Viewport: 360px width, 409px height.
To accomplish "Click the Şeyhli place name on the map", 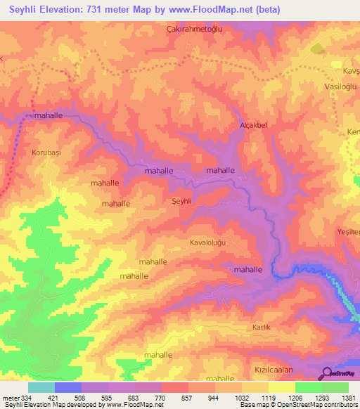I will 182,201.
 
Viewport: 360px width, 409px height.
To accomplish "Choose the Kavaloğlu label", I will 211,242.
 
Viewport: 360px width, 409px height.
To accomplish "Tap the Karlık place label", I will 261,328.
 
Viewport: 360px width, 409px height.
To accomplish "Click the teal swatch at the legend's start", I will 41,387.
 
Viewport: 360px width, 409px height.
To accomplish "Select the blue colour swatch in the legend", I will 67,387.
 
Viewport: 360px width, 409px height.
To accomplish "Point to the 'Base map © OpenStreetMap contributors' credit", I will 297,405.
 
